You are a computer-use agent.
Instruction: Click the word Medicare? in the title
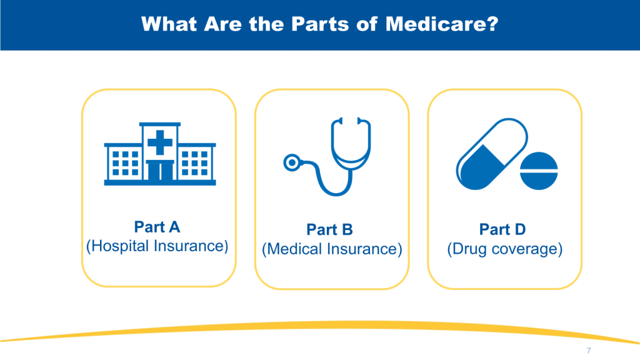(442, 24)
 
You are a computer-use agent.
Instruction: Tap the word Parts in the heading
(321, 24)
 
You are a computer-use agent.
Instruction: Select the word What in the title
(169, 24)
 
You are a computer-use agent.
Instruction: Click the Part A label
(157, 227)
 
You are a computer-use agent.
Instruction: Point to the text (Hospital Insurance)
(157, 246)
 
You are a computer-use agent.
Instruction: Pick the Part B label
(330, 229)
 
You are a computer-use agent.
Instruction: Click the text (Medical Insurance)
(332, 249)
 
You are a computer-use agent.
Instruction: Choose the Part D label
(502, 229)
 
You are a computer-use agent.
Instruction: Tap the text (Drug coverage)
(505, 249)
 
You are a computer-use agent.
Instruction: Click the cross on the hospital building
(159, 142)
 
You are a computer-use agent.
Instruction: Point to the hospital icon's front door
(160, 171)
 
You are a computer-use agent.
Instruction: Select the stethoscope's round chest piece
(292, 163)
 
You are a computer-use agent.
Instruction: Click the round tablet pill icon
(539, 171)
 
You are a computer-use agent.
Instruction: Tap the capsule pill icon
(492, 154)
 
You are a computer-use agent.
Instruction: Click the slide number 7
(589, 350)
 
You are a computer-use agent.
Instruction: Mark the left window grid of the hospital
(125, 163)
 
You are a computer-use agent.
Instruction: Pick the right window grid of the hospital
(195, 163)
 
